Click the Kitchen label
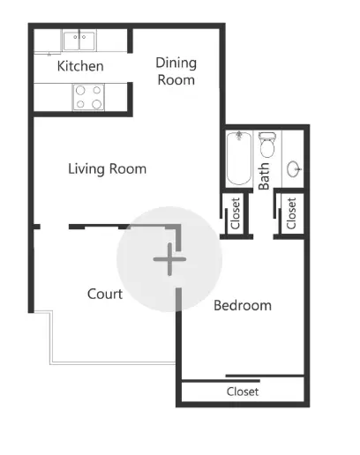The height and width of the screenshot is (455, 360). point(80,66)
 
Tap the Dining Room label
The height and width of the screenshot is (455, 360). point(176,71)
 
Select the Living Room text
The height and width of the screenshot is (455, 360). point(107,168)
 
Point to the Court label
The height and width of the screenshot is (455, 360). point(104,294)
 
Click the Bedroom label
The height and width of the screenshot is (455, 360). point(243,305)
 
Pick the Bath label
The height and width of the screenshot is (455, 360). point(265,175)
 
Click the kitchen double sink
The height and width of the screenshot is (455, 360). point(79,39)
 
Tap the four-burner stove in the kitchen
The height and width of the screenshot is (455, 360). point(87,97)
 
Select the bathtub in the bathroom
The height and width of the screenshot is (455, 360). point(239,159)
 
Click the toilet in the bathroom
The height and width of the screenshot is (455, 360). point(267,145)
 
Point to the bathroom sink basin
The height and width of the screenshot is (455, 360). point(296,168)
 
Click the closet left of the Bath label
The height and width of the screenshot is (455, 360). point(236,213)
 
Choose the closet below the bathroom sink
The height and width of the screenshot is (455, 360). point(292,212)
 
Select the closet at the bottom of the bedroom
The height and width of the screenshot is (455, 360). point(243,392)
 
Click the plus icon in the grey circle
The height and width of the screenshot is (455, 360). point(169,259)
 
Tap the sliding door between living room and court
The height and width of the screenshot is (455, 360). point(97,226)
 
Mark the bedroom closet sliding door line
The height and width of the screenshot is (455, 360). point(265,377)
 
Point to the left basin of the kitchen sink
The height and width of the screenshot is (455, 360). point(71,38)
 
